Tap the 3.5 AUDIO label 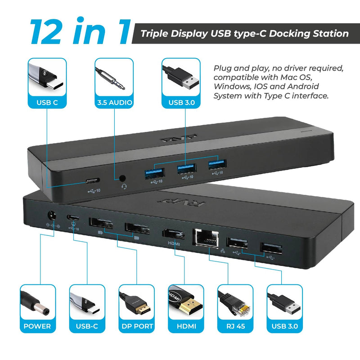(x=114, y=103)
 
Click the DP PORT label (x=137, y=326)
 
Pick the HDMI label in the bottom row (x=186, y=326)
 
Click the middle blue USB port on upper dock (x=186, y=169)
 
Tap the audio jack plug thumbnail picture (x=114, y=76)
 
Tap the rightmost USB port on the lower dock (x=271, y=248)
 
